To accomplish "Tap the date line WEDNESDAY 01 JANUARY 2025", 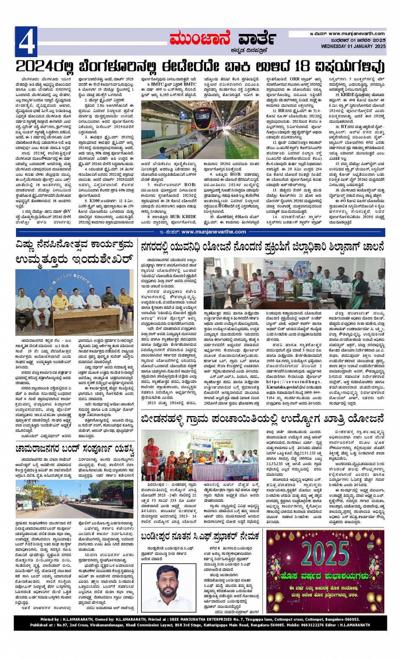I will point(353,46).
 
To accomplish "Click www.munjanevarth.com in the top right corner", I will point(356,34).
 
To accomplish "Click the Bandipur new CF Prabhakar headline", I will point(200,536).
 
